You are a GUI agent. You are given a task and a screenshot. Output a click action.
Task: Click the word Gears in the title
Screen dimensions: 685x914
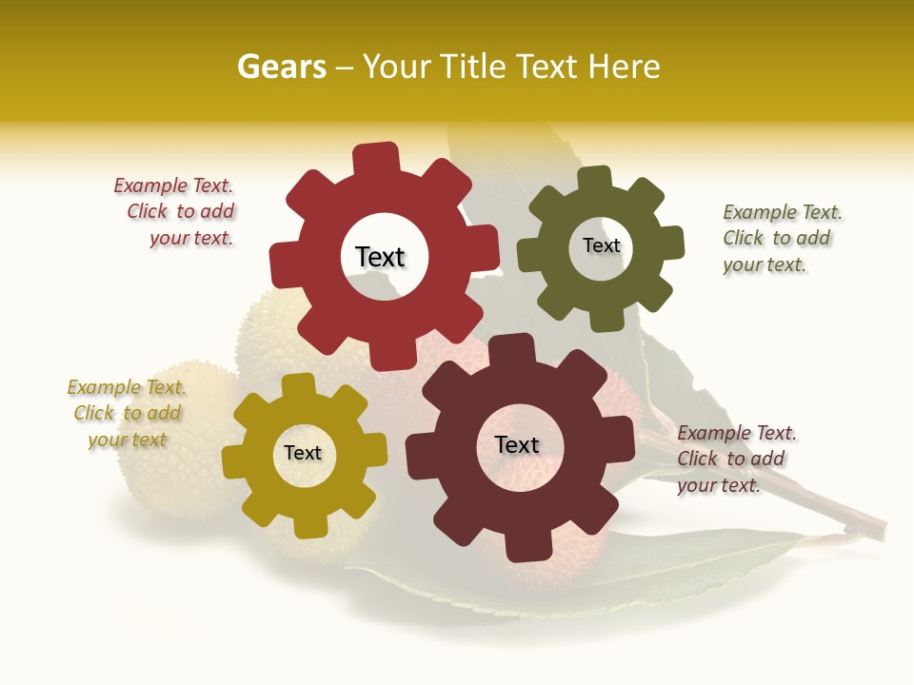(x=281, y=67)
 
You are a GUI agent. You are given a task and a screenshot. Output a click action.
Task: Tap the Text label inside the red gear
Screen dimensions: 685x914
(x=380, y=257)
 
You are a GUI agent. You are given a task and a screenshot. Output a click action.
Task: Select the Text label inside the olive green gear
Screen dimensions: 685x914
(x=601, y=245)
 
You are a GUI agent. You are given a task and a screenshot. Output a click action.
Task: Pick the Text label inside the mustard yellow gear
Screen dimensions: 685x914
(x=303, y=453)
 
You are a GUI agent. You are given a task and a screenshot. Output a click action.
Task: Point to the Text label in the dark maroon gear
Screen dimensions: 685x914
(x=517, y=444)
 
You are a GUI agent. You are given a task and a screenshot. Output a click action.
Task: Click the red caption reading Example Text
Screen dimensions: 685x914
(x=173, y=186)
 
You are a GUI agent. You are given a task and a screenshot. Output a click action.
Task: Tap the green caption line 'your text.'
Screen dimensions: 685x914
(x=764, y=264)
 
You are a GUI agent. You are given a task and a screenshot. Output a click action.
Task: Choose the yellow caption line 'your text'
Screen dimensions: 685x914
(x=128, y=440)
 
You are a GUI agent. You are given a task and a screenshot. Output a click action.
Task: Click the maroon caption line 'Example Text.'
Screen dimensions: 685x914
(x=737, y=433)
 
